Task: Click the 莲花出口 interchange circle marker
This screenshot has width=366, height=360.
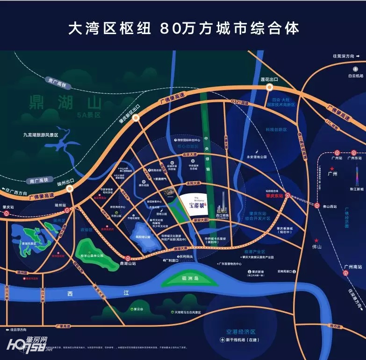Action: point(270,87)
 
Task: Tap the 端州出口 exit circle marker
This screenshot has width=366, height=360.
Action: point(70,189)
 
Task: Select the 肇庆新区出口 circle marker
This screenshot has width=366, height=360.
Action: point(136,119)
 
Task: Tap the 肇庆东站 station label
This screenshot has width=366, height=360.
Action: point(275,196)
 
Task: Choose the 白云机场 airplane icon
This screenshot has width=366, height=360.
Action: point(355,69)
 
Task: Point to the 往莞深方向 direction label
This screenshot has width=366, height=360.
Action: point(345,56)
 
